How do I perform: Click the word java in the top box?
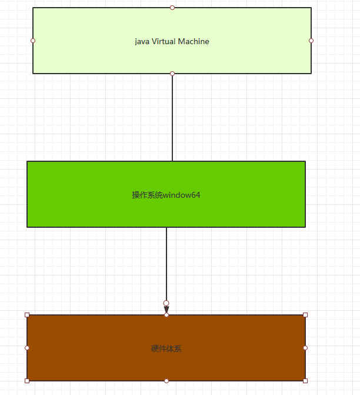click(x=142, y=42)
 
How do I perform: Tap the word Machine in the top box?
click(x=194, y=42)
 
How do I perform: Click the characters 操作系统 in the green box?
click(x=147, y=195)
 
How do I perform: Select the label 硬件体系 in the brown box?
click(x=166, y=348)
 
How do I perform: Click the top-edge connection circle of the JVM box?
click(x=172, y=8)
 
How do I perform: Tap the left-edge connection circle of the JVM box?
click(x=33, y=41)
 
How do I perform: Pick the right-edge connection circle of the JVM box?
click(x=311, y=41)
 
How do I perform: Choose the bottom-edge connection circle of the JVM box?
click(x=172, y=74)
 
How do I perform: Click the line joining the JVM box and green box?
click(x=172, y=118)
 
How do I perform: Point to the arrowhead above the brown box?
click(x=166, y=309)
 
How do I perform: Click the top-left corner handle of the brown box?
click(x=27, y=315)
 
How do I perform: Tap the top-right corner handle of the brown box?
click(x=305, y=315)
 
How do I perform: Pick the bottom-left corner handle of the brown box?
click(x=27, y=381)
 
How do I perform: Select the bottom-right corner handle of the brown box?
click(x=305, y=381)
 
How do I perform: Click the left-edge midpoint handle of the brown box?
click(x=27, y=348)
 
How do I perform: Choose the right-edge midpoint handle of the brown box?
click(x=305, y=348)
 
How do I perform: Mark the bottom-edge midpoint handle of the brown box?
click(x=166, y=381)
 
